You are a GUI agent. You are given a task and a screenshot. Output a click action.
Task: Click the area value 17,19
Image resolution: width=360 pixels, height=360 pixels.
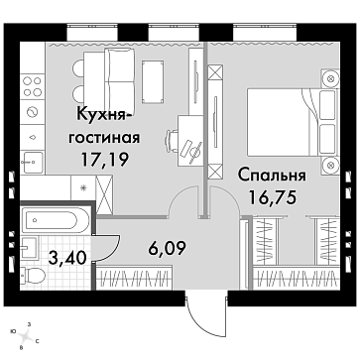tap(105, 160)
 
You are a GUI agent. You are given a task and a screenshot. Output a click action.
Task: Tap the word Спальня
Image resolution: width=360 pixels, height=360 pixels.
tap(272, 176)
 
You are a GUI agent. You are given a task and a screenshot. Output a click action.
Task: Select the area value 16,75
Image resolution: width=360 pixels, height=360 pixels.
tap(272, 198)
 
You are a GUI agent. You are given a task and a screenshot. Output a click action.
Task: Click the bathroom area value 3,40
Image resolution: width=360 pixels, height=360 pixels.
tap(67, 258)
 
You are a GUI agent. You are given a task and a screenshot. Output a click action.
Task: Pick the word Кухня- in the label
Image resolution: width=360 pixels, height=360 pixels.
tap(104, 115)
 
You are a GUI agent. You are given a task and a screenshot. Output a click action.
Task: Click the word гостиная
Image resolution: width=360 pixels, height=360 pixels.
tap(104, 138)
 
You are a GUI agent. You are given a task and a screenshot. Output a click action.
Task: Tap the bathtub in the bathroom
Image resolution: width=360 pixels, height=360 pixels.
tap(55, 219)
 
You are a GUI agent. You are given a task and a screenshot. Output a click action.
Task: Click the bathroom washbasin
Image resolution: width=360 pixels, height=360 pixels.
tap(29, 247)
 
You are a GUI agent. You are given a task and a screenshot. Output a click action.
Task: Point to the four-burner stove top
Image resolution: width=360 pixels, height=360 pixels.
tap(33, 86)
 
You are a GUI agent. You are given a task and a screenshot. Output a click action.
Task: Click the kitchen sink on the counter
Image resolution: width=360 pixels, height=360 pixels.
tap(32, 162)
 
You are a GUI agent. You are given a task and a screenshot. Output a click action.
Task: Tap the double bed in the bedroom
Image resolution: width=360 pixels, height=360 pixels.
tap(293, 122)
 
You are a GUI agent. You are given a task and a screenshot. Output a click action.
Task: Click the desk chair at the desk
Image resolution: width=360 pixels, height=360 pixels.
tap(172, 140)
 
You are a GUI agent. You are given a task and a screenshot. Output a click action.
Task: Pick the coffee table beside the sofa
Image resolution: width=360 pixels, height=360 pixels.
tap(153, 80)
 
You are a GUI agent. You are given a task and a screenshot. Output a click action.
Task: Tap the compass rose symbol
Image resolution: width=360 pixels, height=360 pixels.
tap(25, 336)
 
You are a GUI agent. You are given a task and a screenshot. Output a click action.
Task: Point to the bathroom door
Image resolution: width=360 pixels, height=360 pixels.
tap(107, 248)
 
